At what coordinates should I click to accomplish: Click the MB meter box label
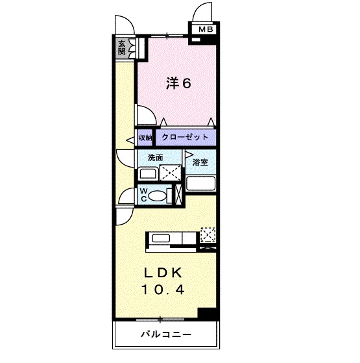205,29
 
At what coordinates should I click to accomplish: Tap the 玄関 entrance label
121,48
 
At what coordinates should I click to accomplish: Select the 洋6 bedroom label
177,84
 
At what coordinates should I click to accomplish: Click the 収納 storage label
144,138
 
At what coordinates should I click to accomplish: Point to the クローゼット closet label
184,138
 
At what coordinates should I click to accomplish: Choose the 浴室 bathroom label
200,162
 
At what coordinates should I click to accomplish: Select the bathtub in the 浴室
200,182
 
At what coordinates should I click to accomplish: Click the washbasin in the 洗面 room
147,174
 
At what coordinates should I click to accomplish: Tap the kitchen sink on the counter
160,238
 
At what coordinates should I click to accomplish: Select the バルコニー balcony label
165,336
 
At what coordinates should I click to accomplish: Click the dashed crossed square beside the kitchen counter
208,235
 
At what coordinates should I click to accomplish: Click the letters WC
144,195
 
